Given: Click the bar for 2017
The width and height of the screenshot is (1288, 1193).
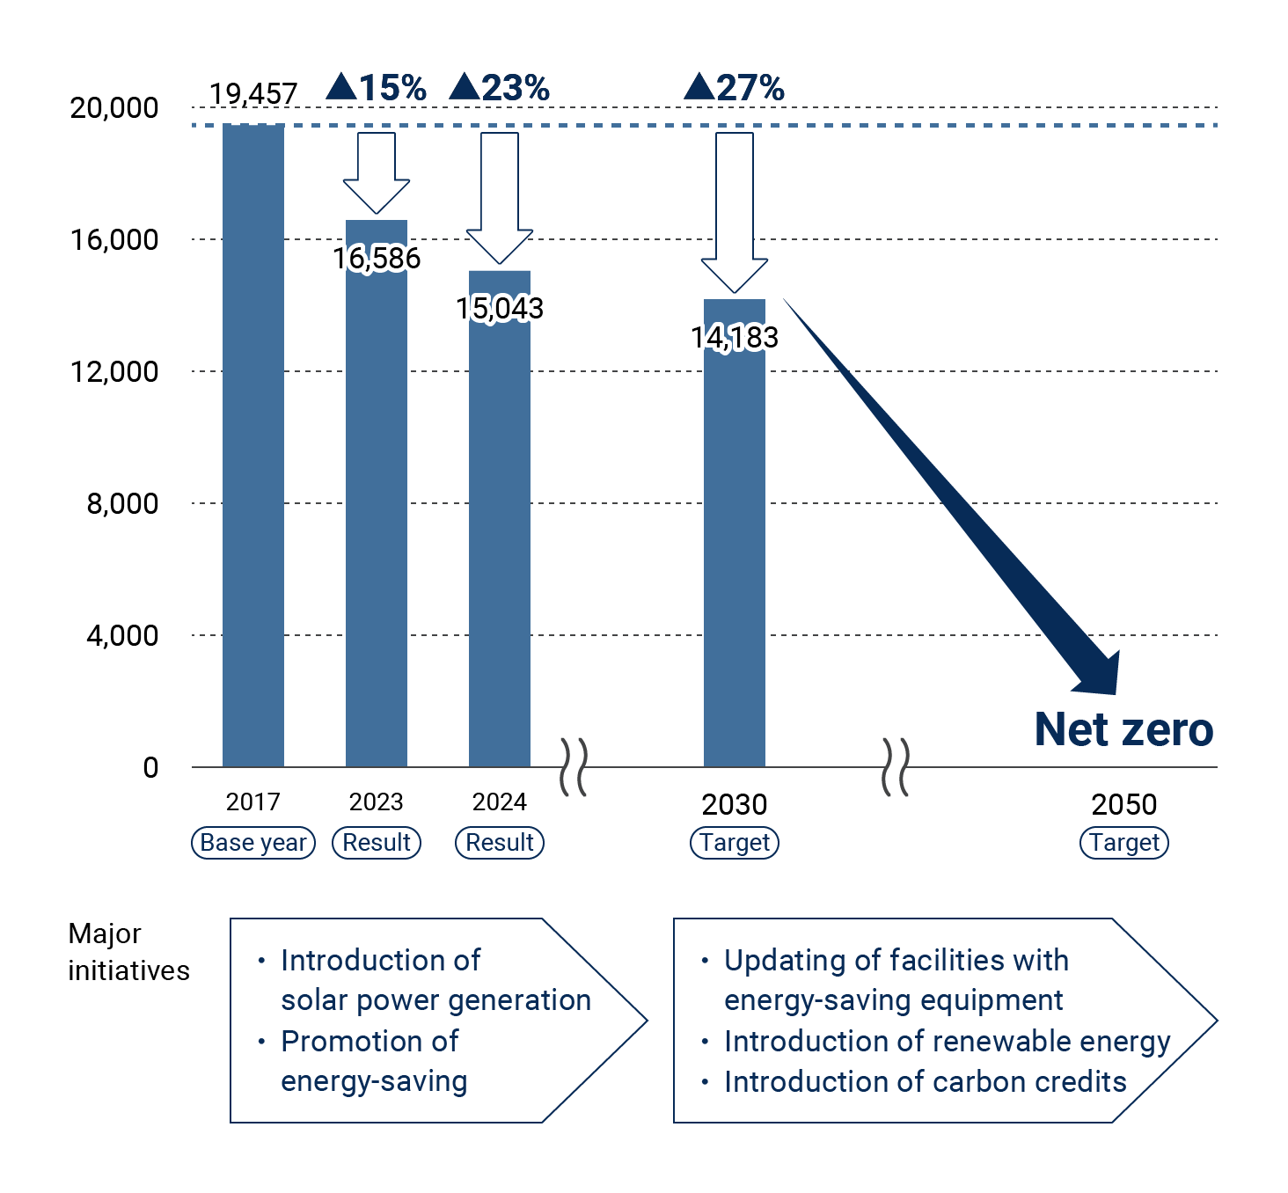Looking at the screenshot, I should pos(253,444).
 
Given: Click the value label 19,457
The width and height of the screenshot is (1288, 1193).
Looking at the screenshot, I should pos(253,93).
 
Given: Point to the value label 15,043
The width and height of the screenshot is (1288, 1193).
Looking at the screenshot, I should pos(500,308).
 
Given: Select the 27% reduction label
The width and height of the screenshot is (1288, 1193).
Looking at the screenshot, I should pos(735,88).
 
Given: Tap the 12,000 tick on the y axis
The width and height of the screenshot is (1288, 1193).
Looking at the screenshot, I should pos(114,371).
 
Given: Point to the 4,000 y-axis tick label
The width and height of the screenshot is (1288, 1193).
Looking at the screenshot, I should pos(122,635).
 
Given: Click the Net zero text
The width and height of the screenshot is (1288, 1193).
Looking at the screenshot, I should pos(1123,729).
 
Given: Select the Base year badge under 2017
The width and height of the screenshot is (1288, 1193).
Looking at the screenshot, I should pos(253,843).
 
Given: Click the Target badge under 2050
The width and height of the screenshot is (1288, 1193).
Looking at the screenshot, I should pos(1124,843).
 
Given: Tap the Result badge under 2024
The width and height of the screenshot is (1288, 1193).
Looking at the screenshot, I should pos(500,843).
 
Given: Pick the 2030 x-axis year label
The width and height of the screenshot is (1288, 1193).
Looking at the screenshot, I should pos(735,804).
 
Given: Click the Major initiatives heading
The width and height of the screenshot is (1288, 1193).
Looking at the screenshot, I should pos(128,952).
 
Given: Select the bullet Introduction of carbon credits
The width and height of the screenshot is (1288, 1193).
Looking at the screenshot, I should pos(925,1081).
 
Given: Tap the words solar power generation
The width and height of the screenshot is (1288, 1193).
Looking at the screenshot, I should pos(435,1000).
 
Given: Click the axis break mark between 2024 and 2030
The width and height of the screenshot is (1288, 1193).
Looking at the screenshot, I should pos(574,767).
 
